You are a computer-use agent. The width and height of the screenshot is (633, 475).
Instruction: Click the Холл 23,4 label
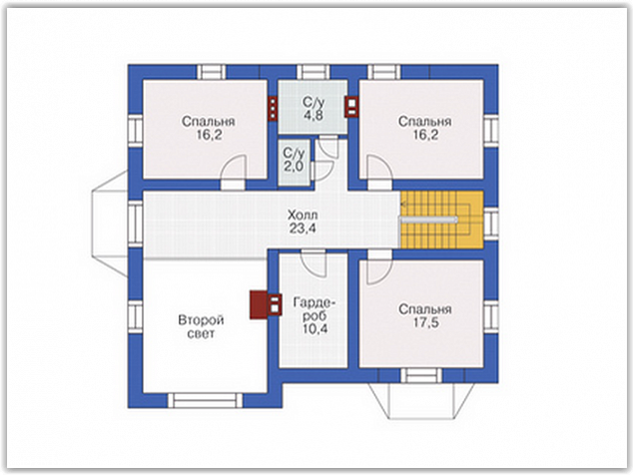pyautogui.click(x=303, y=222)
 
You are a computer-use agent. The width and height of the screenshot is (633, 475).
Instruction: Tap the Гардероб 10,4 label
pyautogui.click(x=315, y=315)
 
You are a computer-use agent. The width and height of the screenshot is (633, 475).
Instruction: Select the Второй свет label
pyautogui.click(x=201, y=327)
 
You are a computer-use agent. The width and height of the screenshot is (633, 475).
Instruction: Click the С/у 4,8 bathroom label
pyautogui.click(x=314, y=109)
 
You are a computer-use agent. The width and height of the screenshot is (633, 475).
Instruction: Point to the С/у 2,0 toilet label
pyautogui.click(x=294, y=160)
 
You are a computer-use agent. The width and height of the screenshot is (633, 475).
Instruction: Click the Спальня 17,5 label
pyautogui.click(x=425, y=316)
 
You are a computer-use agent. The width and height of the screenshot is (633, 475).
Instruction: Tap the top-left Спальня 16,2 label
pyautogui.click(x=209, y=129)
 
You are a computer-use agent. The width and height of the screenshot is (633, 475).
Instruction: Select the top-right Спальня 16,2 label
pyautogui.click(x=425, y=129)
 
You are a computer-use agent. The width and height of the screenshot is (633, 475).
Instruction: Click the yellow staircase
pyautogui.click(x=441, y=220)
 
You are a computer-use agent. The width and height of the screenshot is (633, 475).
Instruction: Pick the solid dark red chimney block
pyautogui.click(x=259, y=304)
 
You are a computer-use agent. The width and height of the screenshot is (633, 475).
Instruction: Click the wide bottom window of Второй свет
pyautogui.click(x=205, y=400)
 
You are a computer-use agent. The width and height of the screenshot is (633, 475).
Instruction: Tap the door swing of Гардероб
pyautogui.click(x=315, y=263)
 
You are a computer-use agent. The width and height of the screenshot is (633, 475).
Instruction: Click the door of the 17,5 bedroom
pyautogui.click(x=379, y=268)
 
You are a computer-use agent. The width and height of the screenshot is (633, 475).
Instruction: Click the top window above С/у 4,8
pyautogui.click(x=314, y=72)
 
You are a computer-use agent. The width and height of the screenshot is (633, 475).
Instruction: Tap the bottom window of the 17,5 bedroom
pyautogui.click(x=421, y=375)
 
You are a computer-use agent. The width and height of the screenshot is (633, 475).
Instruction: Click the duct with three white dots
pyautogui.click(x=273, y=108)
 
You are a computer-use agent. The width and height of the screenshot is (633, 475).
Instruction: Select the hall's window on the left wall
pyautogui.click(x=136, y=224)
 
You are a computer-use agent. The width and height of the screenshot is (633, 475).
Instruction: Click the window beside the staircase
pyautogui.click(x=491, y=224)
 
